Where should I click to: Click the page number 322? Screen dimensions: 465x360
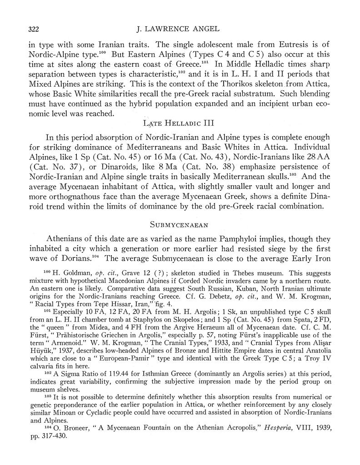[30, 30]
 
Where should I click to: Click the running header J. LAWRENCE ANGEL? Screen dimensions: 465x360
[181, 30]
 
